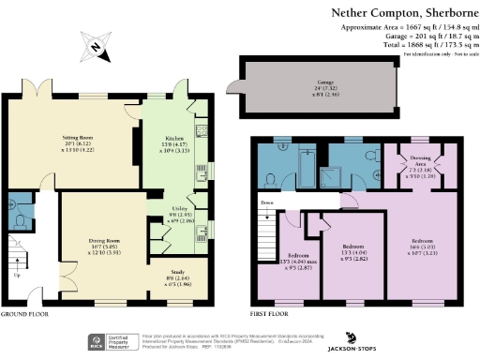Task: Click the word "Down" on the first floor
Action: coord(268,202)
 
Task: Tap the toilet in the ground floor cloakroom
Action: coord(22,219)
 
